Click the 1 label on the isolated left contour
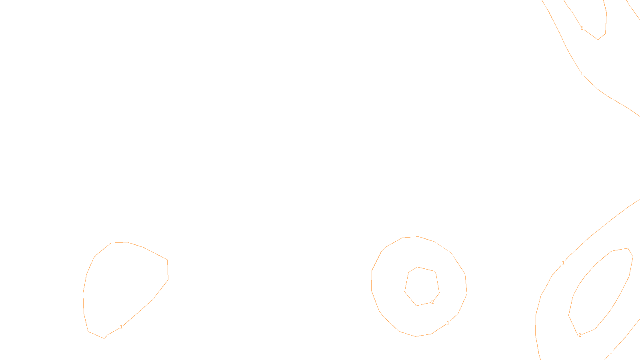click(121, 327)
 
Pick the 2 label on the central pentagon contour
click(432, 302)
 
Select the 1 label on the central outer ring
click(448, 323)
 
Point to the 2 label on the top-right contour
click(582, 28)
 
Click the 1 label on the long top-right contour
click(582, 74)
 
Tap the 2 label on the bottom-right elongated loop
click(580, 335)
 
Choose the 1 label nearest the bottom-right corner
click(611, 352)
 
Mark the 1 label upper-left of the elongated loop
click(563, 263)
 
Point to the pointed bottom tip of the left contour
click(104, 338)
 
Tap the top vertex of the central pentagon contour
click(418, 267)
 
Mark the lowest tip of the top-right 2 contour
click(598, 39)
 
